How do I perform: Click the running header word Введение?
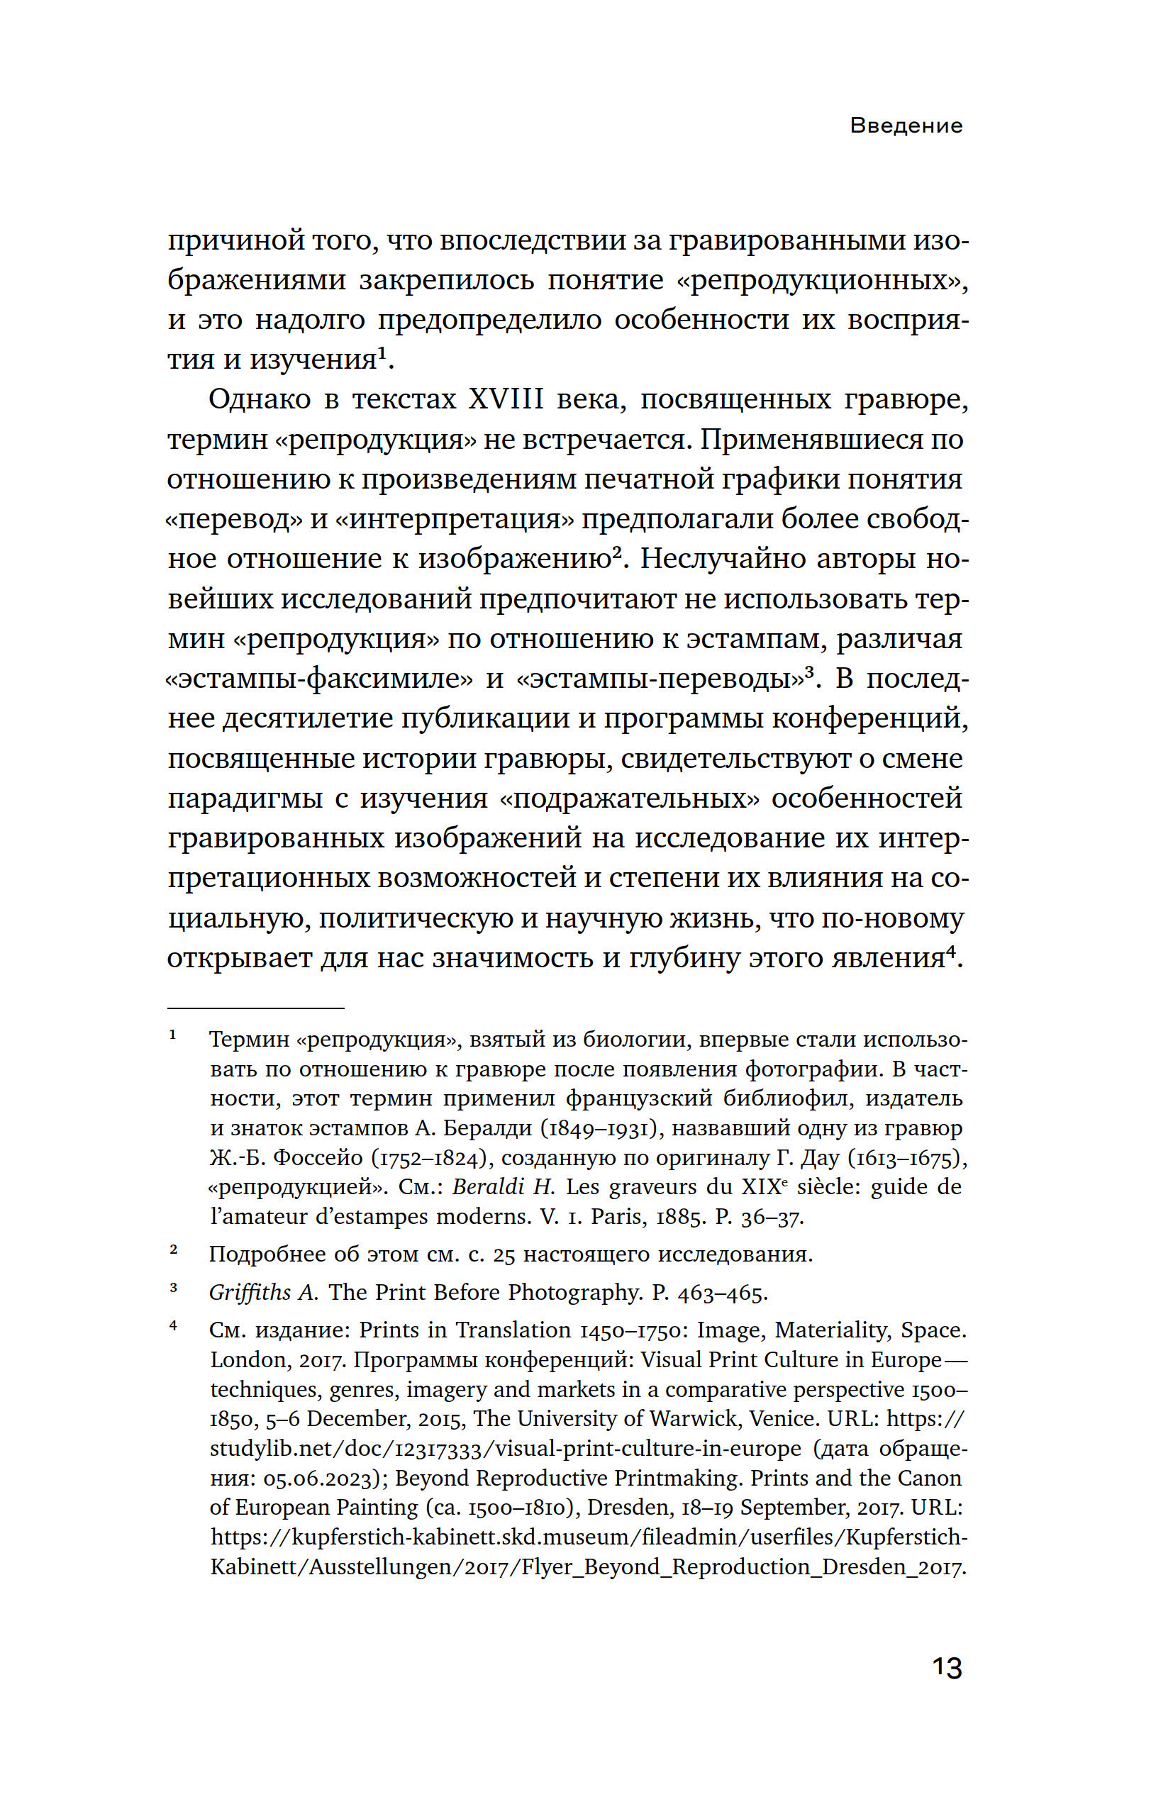click(x=906, y=126)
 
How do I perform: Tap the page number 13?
click(x=947, y=1667)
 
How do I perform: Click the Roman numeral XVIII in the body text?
click(x=506, y=399)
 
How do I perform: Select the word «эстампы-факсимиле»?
click(x=319, y=678)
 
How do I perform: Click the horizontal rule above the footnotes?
click(x=255, y=1008)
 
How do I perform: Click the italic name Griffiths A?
click(x=263, y=1292)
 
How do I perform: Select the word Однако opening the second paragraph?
click(x=260, y=399)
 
